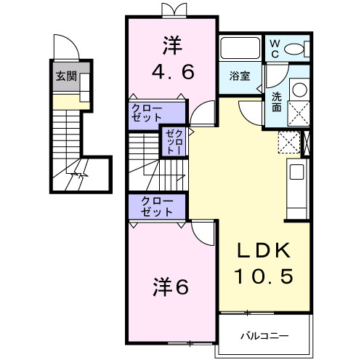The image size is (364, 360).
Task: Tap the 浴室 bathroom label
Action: pos(240,75)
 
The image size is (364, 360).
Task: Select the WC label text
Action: pos(275,49)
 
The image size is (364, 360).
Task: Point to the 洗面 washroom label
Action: pos(278,101)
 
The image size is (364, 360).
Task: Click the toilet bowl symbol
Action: pos(296,49)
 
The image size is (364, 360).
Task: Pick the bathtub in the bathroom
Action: pos(240,49)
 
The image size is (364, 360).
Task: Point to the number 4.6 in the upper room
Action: pos(172,73)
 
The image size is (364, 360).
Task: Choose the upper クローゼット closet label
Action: pos(147,112)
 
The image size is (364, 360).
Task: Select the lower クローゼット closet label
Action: pos(157,207)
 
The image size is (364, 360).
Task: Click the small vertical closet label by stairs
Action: pos(174,142)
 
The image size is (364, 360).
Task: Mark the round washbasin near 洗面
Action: pos(299,90)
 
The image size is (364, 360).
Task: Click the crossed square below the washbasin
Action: pos(299,113)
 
